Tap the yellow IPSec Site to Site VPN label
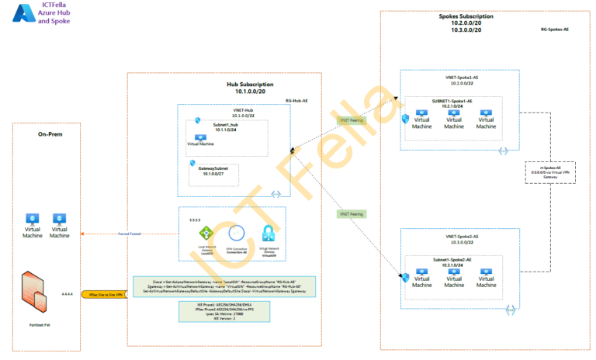click(105, 296)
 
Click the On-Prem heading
click(50, 134)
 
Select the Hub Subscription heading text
click(250, 84)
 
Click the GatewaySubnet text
click(206, 168)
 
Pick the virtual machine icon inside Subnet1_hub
click(200, 137)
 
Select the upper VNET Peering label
click(352, 119)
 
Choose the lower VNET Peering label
click(351, 213)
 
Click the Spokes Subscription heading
click(466, 16)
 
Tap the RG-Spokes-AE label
click(556, 29)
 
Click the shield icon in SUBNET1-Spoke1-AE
click(405, 119)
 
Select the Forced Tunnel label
click(129, 234)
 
